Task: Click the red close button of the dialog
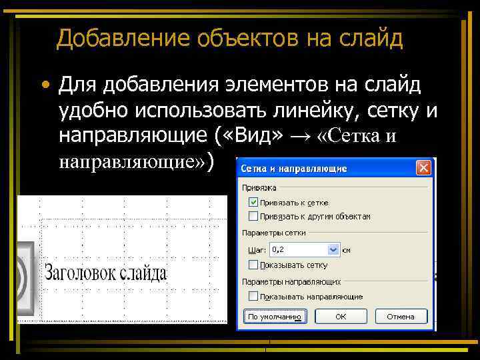point(423,168)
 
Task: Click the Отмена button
point(400,316)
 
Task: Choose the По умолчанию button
point(275,316)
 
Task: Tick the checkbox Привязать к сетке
point(253,202)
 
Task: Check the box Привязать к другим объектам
point(253,216)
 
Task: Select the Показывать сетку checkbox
point(253,264)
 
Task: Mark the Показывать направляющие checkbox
point(253,296)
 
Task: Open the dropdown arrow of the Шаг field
point(333,249)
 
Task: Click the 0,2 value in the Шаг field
point(297,249)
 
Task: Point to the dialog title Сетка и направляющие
point(293,169)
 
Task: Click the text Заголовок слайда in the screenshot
point(105,272)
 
